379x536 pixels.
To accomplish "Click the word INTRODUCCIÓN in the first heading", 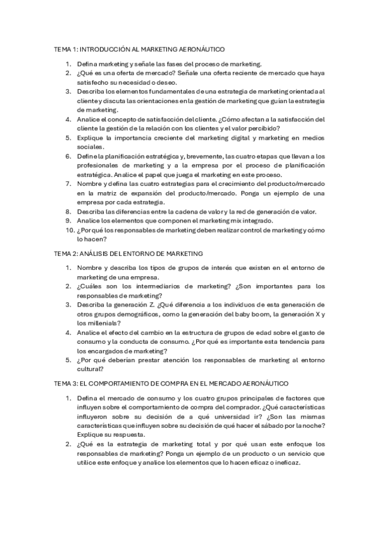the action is tap(103, 49).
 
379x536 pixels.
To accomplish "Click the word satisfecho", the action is tap(94, 82).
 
